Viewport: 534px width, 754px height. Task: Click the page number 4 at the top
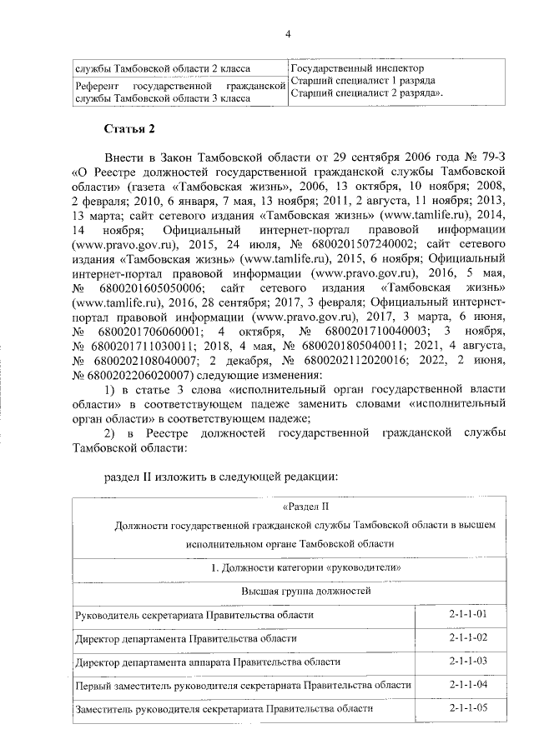coord(287,33)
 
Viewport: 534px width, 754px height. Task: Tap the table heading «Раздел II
coord(307,506)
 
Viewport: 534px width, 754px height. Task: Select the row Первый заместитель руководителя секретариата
coord(243,685)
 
